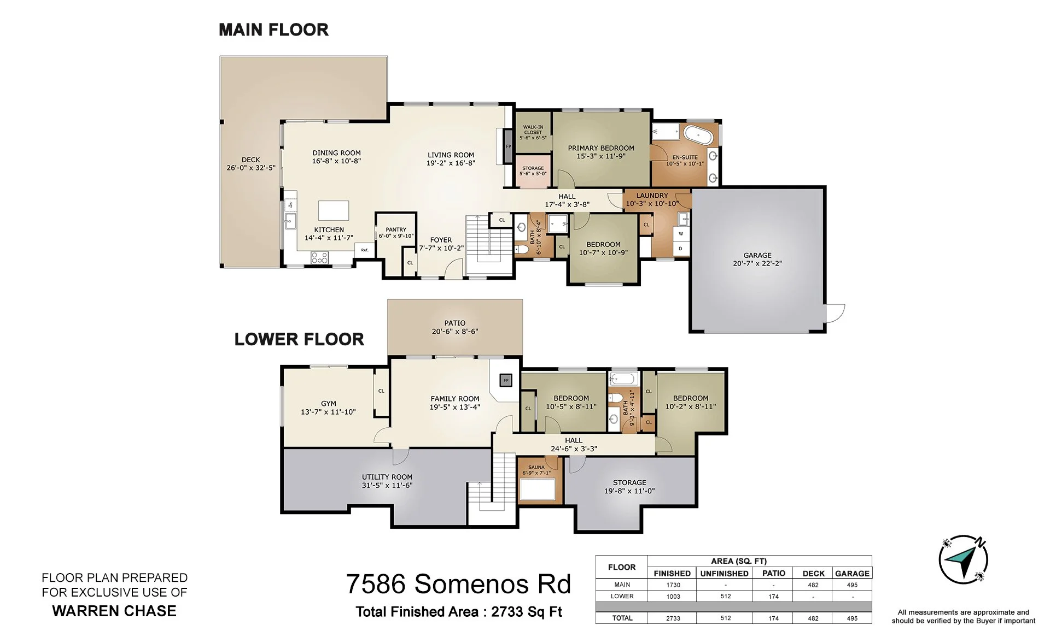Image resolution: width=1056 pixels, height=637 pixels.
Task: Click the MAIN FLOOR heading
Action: [273, 30]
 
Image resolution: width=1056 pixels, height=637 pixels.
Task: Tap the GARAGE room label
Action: [757, 255]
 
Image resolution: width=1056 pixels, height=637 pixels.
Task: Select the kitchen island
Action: [334, 210]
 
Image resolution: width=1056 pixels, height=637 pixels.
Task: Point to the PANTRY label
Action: [396, 229]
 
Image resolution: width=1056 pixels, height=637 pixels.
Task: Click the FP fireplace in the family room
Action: [506, 380]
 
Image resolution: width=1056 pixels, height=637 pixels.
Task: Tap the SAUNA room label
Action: [536, 467]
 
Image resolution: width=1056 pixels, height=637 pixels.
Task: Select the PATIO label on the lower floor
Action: [455, 323]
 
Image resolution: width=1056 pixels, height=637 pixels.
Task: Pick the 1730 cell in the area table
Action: [673, 585]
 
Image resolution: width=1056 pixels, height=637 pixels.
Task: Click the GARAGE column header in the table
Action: [852, 573]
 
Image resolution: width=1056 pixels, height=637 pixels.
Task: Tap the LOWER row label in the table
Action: [622, 596]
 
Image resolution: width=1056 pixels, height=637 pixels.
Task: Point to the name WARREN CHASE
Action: [114, 611]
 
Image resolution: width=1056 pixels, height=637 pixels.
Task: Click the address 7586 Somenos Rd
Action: [458, 584]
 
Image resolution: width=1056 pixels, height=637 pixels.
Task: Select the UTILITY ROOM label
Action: [387, 477]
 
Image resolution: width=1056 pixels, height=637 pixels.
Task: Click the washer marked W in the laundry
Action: [681, 234]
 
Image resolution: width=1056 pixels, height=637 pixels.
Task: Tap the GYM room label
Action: [329, 404]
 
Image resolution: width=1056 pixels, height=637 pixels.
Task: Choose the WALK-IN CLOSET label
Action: [533, 129]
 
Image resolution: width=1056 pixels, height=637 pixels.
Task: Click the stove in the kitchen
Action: [319, 257]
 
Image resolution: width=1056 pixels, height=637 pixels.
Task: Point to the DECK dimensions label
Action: [251, 168]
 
